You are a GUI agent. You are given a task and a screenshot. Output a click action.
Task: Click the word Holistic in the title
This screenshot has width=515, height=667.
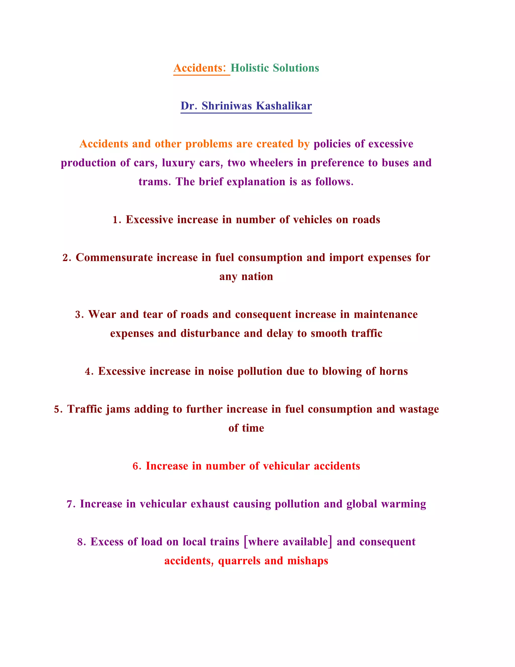(x=249, y=68)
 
